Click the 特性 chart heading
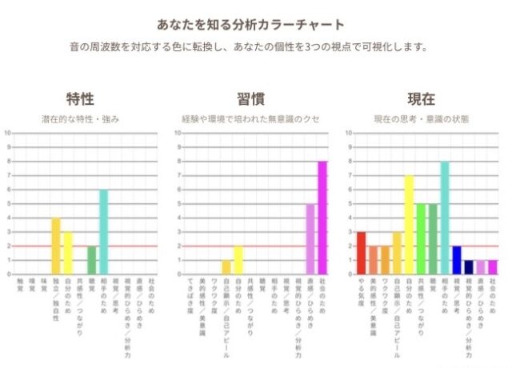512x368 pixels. [80, 99]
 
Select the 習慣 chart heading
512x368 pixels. [250, 99]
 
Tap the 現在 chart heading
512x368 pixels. [421, 99]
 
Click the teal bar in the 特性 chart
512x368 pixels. [103, 232]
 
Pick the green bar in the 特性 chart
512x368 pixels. [91, 260]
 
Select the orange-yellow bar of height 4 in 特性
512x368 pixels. [56, 246]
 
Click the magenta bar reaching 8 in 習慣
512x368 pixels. [322, 218]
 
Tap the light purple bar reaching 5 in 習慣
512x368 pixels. [310, 238]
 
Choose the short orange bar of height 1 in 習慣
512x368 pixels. [226, 267]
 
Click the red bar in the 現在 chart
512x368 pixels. [361, 253]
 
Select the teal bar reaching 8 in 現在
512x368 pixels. [444, 218]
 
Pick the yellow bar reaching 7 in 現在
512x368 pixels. [409, 225]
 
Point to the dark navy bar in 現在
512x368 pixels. [469, 267]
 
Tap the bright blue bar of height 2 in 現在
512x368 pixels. [456, 260]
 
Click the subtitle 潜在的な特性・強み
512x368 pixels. [80, 119]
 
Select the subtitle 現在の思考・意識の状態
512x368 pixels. [421, 119]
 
